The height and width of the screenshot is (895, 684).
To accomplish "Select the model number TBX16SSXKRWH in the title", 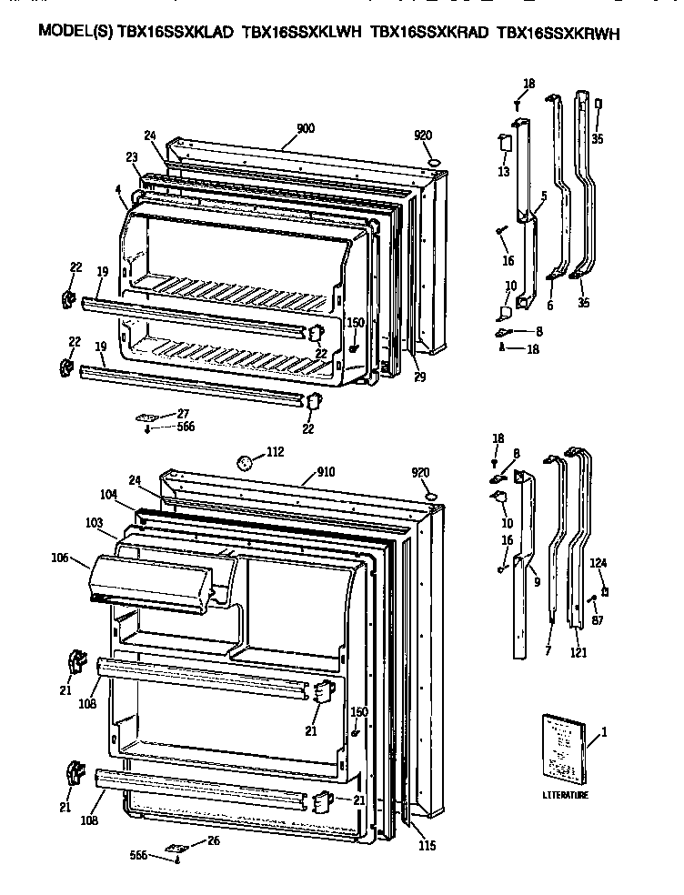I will [559, 34].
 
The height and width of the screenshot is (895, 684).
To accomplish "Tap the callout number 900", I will [306, 128].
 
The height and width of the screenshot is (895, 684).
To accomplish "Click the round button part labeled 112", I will [244, 461].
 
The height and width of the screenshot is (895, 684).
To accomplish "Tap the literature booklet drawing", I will [560, 748].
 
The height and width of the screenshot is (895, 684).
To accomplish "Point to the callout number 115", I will [427, 846].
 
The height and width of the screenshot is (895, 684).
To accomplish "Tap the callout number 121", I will [578, 652].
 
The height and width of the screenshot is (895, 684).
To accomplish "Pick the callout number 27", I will [183, 414].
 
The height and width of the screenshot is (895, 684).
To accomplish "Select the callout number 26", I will [214, 840].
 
